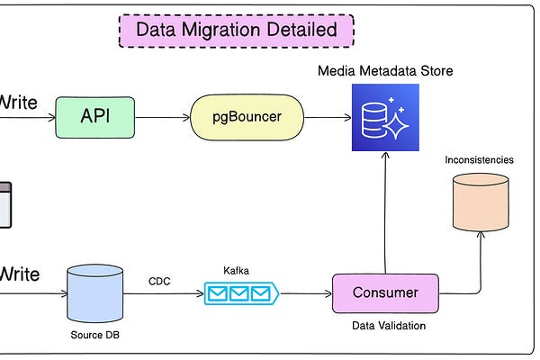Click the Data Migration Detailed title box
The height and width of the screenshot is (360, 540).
click(x=237, y=30)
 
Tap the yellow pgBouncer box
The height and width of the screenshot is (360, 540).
click(x=237, y=118)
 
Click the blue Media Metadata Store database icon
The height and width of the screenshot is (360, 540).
click(x=385, y=117)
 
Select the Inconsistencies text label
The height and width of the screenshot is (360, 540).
click(x=479, y=160)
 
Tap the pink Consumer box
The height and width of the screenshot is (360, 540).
click(x=385, y=293)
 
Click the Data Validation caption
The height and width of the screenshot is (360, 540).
click(x=388, y=325)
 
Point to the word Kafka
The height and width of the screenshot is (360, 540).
click(x=238, y=270)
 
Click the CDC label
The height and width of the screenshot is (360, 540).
click(x=161, y=280)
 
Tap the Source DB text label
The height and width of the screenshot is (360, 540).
click(x=94, y=336)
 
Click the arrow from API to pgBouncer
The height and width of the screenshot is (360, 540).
click(x=164, y=118)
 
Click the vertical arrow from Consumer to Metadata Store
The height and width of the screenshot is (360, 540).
click(x=385, y=216)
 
